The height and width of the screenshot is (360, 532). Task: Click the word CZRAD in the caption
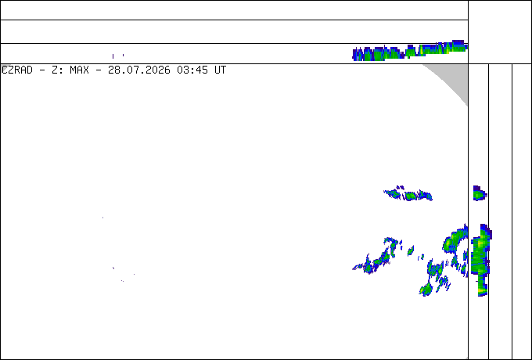(17, 70)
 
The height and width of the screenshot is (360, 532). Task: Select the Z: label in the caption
(57, 70)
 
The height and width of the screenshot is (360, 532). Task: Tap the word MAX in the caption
(79, 70)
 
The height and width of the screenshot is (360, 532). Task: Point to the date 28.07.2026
(139, 70)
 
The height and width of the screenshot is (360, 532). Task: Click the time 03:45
(192, 70)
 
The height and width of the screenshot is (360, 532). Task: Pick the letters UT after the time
(220, 70)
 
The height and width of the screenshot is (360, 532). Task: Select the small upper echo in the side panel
(480, 193)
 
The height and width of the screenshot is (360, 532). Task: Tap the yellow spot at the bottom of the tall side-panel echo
(481, 291)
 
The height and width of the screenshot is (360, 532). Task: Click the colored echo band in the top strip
(410, 52)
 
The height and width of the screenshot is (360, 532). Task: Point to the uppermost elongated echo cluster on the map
(408, 194)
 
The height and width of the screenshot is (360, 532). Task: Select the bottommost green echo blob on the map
(426, 290)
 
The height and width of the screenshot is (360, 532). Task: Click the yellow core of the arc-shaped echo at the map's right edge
(448, 243)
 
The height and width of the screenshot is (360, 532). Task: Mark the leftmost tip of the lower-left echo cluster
(353, 268)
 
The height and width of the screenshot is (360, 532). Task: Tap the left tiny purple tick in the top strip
(113, 56)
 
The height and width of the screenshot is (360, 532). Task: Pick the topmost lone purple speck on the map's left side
(102, 218)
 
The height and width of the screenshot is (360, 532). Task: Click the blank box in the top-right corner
(500, 32)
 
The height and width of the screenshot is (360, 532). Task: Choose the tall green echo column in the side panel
(480, 260)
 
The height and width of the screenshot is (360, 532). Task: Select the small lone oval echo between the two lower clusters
(411, 250)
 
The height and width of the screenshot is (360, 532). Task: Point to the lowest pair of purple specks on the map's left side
(123, 281)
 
